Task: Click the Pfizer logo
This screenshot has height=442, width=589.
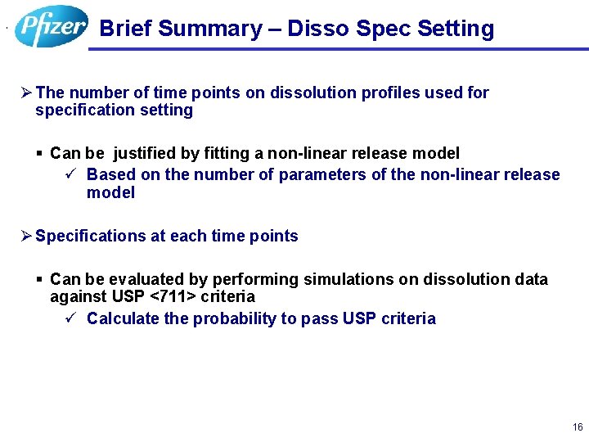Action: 51,26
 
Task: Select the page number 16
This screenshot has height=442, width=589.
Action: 578,427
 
